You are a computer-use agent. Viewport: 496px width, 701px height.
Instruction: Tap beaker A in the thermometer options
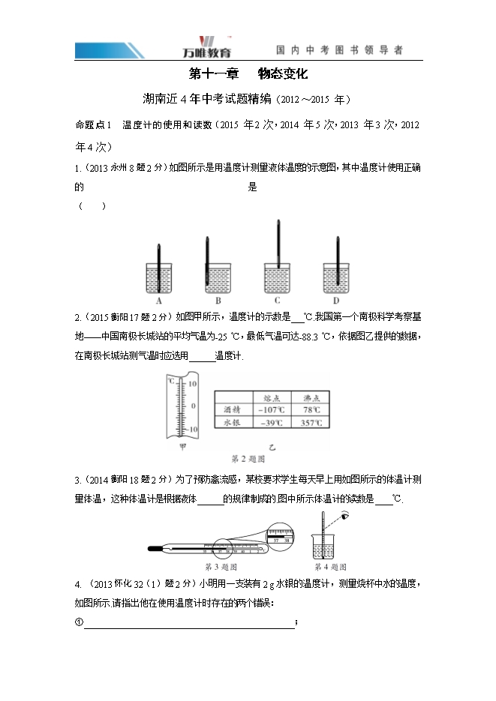coord(159,278)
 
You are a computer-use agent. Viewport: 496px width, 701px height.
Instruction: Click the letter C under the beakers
coord(278,301)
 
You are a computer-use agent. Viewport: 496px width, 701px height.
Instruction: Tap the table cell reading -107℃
coord(269,409)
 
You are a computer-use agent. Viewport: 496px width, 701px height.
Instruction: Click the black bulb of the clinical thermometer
coord(153,550)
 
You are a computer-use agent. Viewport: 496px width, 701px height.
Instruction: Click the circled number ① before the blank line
coord(79,622)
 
